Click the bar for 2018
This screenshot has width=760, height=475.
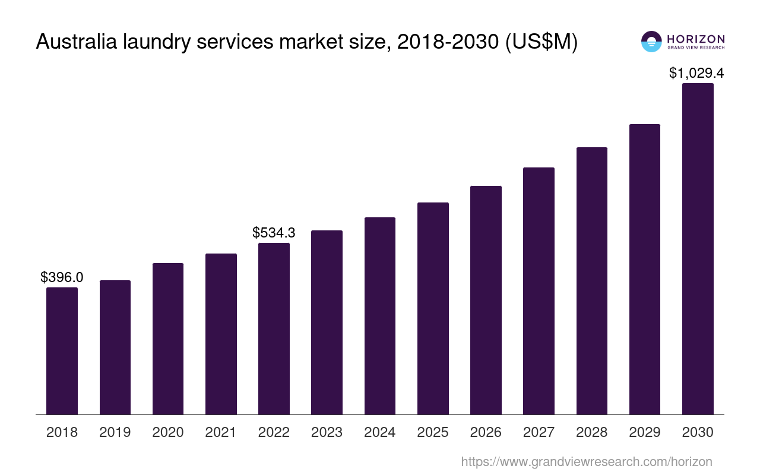[62, 350]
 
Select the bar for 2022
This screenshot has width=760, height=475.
[274, 328]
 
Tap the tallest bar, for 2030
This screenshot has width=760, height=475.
[698, 249]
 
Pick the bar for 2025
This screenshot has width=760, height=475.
[433, 308]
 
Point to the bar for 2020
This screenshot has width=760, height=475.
[168, 338]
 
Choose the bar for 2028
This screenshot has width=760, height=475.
[592, 280]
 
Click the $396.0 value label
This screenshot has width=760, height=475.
[62, 277]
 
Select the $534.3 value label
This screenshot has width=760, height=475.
[274, 232]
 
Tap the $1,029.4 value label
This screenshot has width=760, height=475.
[696, 73]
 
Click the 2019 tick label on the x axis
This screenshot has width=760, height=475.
[115, 432]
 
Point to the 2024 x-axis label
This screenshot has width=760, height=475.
[380, 432]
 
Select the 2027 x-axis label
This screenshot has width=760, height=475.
[539, 432]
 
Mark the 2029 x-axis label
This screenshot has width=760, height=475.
[645, 432]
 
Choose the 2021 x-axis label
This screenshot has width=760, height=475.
[221, 432]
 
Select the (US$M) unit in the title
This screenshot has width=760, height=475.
[541, 42]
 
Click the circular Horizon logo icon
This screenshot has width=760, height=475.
[651, 42]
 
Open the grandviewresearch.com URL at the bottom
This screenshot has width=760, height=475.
[587, 461]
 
